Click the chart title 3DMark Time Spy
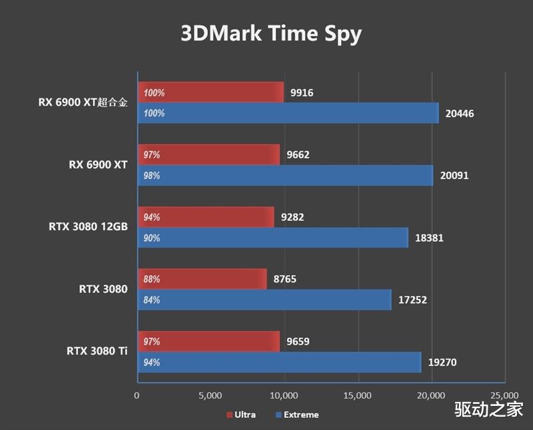(x=270, y=33)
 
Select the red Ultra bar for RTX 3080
(x=202, y=280)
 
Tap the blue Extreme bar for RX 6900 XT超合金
(x=288, y=113)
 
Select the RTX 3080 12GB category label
(x=88, y=227)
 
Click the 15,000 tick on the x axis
(x=358, y=396)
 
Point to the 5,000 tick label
(x=210, y=396)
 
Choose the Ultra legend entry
(x=241, y=415)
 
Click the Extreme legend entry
(x=297, y=415)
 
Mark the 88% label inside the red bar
(x=152, y=280)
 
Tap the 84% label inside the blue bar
(x=152, y=300)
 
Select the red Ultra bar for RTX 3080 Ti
(x=209, y=341)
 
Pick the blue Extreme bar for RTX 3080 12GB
(x=272, y=238)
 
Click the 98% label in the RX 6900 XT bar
(x=152, y=176)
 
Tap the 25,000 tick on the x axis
(x=504, y=396)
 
